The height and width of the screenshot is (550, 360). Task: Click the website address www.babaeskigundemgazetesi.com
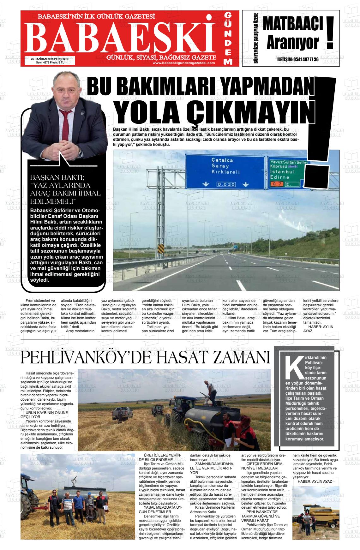183,63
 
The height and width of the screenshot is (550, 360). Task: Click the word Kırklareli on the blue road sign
225,172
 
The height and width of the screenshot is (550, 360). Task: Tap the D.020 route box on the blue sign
225,184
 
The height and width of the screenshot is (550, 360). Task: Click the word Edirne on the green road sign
280,177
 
